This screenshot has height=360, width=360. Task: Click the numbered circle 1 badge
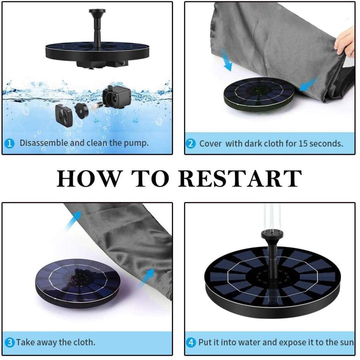tap(10, 143)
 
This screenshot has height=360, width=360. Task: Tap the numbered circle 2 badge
tap(191, 144)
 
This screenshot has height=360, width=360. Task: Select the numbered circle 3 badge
tap(10, 342)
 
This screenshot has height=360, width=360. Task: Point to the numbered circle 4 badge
tap(191, 342)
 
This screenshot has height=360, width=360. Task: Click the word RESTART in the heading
tap(240, 178)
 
